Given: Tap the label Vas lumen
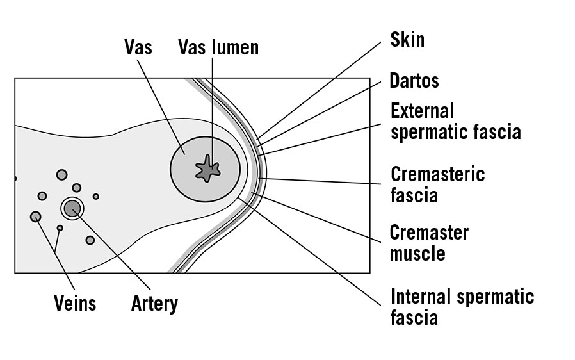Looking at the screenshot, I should tap(218, 47).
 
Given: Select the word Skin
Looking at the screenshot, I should tap(407, 40).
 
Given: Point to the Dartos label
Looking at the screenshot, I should tap(414, 81).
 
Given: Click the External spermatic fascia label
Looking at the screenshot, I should tap(455, 121).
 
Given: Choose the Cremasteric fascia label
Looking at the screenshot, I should tap(437, 184).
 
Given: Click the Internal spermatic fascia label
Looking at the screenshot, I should tap(462, 307).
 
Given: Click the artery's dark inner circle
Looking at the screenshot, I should tap(72, 208).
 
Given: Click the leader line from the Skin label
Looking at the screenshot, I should tap(320, 90).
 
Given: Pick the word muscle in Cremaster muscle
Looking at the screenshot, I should tap(417, 253).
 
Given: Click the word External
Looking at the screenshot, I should tap(422, 110).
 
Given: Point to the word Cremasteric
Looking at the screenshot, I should tap(437, 174).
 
